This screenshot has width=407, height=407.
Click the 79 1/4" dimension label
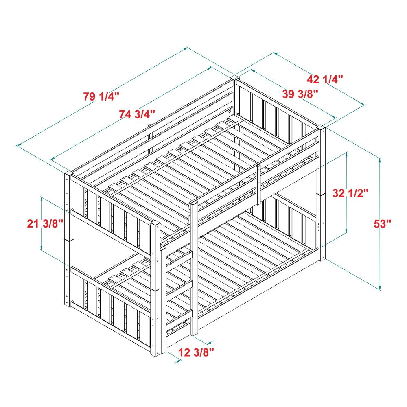101,97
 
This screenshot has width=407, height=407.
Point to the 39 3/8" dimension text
300,94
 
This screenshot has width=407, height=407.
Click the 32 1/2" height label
350,193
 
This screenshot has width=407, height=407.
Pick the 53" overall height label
383,223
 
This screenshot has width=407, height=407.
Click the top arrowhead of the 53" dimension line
380,160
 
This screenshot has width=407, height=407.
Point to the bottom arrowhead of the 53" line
380,286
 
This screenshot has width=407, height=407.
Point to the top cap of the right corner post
321,127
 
